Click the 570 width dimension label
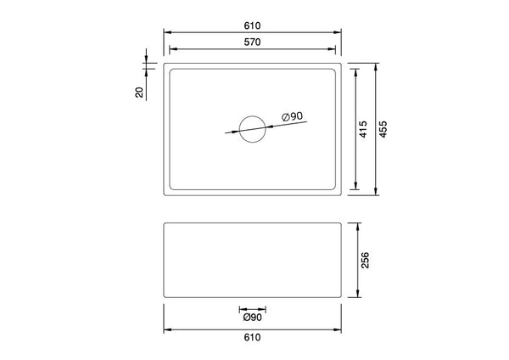point(253,41)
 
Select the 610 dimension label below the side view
point(253,336)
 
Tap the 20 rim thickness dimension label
point(139,92)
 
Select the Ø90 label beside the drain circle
point(292,116)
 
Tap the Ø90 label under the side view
point(252,318)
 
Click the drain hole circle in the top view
point(253,128)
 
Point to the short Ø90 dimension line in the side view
point(253,308)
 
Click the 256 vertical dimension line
point(356,280)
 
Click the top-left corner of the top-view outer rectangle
point(164,63)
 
